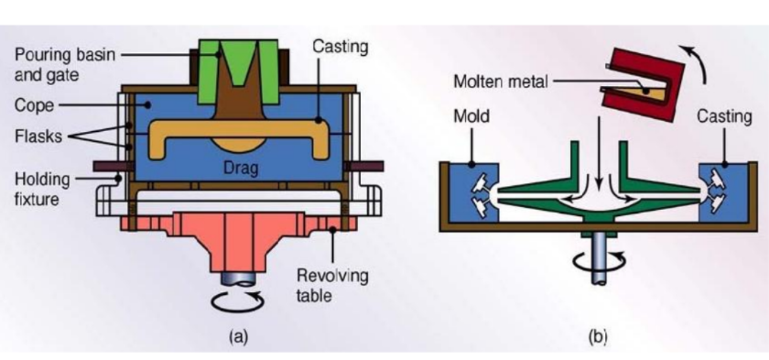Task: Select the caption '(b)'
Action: click(x=599, y=336)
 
